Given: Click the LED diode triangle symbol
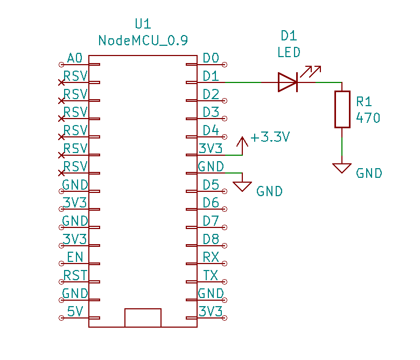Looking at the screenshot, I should click(288, 82).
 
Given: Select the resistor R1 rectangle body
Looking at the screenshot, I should click(342, 109).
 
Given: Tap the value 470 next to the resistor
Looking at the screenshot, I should click(368, 118).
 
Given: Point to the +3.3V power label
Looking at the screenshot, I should click(270, 137).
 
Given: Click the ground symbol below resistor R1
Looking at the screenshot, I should click(342, 168).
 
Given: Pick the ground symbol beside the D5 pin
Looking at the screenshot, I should click(243, 186).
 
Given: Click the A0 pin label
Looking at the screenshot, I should click(75, 58).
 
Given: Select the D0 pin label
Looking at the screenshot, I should click(211, 58).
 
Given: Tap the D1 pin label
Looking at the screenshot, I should click(211, 76).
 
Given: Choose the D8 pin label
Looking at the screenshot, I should click(211, 239).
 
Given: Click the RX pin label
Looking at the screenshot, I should click(211, 257).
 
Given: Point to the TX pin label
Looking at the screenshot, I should click(211, 275).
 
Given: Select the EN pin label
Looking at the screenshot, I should click(75, 257).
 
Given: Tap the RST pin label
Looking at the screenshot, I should click(75, 275).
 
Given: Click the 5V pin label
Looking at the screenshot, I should click(75, 311).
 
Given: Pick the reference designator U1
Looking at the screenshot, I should click(143, 24).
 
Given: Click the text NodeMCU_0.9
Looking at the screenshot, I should click(143, 41).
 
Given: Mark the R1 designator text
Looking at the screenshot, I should click(364, 102).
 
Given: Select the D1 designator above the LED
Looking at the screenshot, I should click(289, 36).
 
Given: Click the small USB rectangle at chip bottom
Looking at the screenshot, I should click(143, 317).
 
